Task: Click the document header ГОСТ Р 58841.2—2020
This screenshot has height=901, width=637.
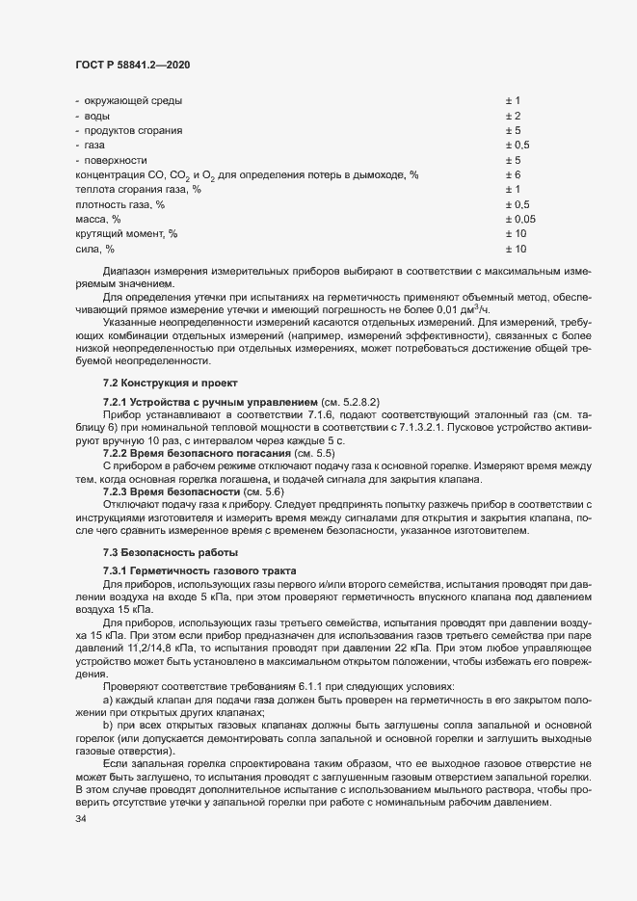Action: (x=131, y=63)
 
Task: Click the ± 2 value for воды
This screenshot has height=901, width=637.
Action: (x=512, y=116)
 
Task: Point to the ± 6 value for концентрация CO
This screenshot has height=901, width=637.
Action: (x=512, y=174)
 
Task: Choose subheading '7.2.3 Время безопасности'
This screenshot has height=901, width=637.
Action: (x=162, y=490)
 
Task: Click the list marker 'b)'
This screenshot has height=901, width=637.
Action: (x=107, y=722)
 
